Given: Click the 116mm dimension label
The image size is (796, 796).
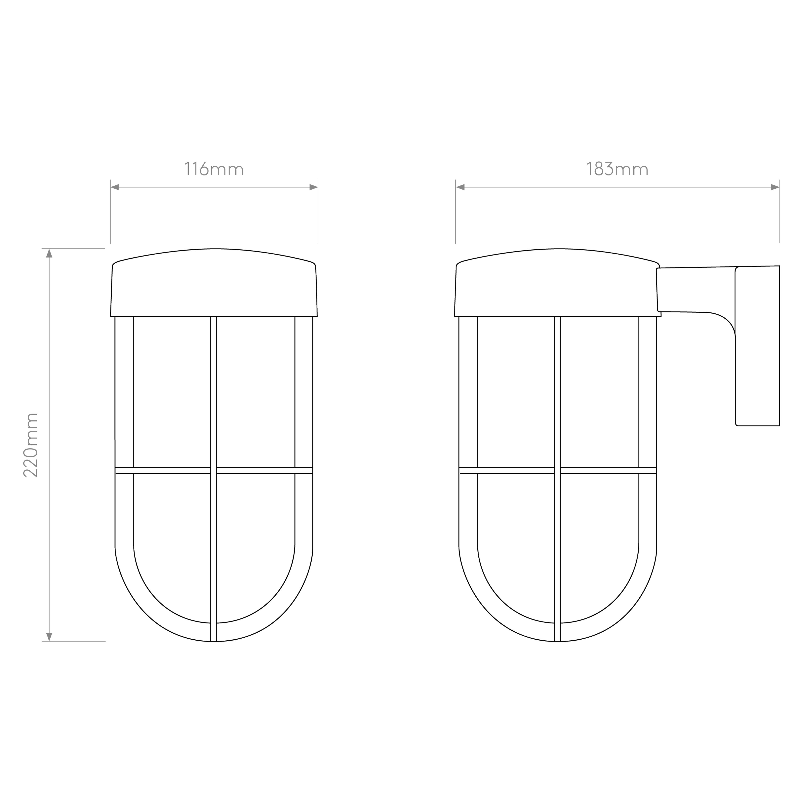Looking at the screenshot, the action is pos(214,169).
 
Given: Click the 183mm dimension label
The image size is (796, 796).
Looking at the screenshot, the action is pos(617,169).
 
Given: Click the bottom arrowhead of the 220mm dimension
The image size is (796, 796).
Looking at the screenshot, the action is pos(49,637).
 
